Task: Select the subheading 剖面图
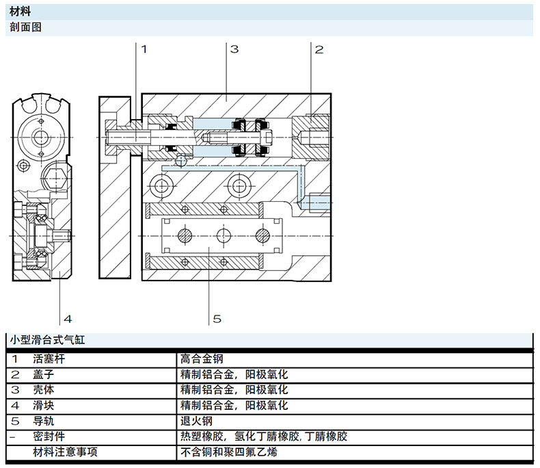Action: click(26, 28)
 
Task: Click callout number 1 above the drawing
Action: click(144, 49)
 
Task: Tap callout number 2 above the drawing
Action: click(319, 49)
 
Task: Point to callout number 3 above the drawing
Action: click(233, 49)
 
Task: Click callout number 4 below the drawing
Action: click(67, 319)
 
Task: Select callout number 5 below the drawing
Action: click(217, 319)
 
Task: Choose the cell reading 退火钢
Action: click(196, 421)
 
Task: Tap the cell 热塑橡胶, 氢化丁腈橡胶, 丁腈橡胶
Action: click(264, 437)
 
